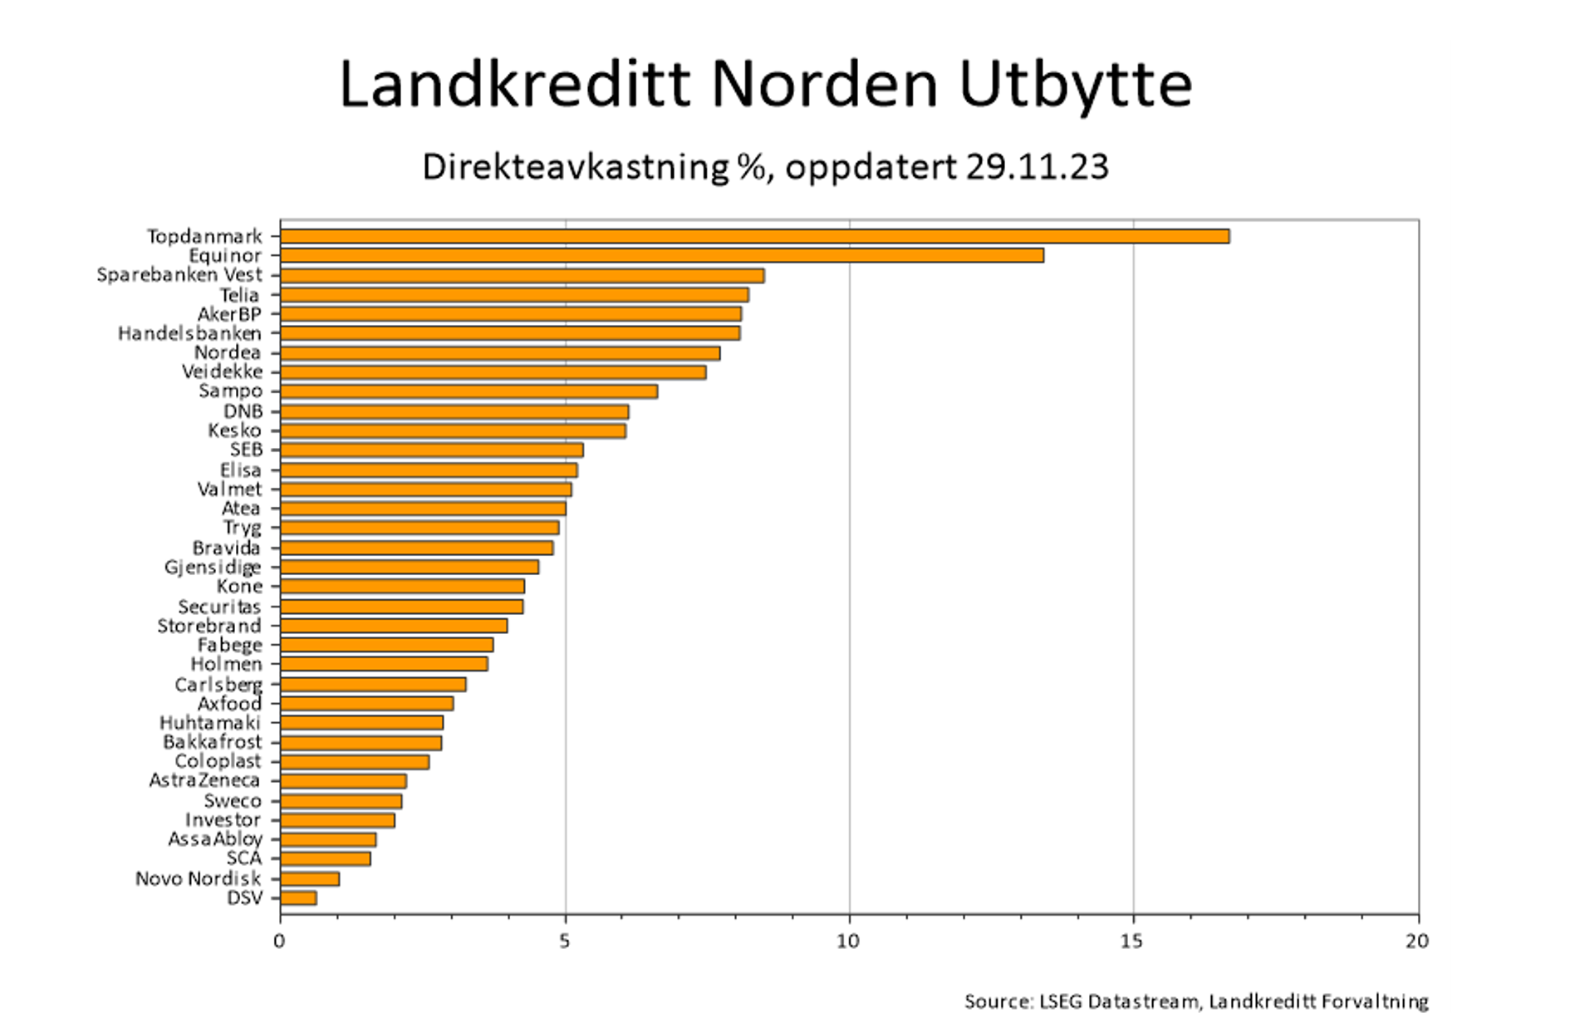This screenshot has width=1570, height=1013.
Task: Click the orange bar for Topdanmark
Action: pyautogui.click(x=754, y=237)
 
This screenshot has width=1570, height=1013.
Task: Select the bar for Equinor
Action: pyautogui.click(x=661, y=256)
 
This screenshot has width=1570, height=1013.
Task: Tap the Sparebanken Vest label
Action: pyautogui.click(x=179, y=275)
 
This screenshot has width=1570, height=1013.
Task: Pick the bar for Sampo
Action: pyautogui.click(x=469, y=391)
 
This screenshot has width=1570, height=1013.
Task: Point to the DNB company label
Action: pyautogui.click(x=243, y=411)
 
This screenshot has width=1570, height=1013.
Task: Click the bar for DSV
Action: pyautogui.click(x=298, y=898)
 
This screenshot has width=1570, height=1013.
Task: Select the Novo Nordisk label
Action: pyautogui.click(x=198, y=879)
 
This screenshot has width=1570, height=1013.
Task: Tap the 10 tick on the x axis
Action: pyautogui.click(x=847, y=942)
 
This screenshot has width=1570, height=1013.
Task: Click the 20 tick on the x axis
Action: pyautogui.click(x=1416, y=942)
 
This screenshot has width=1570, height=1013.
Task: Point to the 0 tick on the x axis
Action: pyautogui.click(x=279, y=942)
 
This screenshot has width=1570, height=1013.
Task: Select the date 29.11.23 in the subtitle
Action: pyautogui.click(x=1037, y=167)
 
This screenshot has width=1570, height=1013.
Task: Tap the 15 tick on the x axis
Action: pyautogui.click(x=1131, y=942)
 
